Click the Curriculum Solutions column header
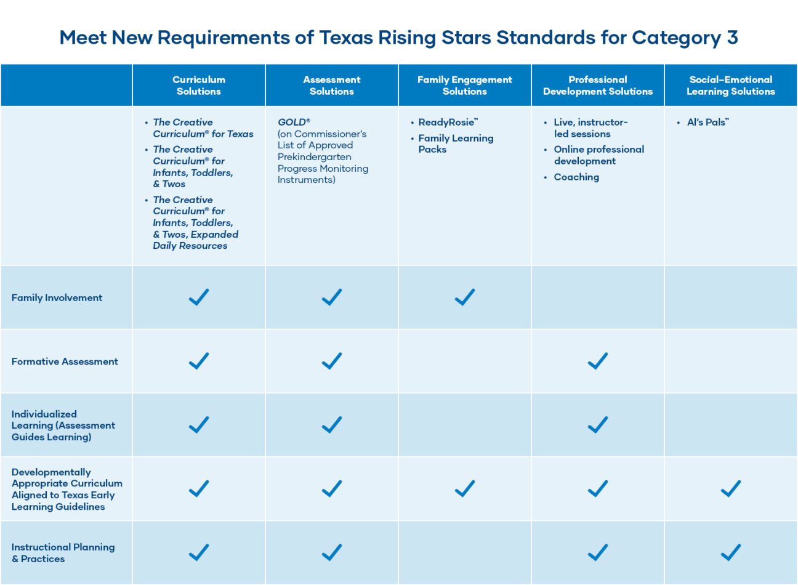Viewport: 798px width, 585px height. point(199,86)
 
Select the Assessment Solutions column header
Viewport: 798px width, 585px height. point(332,86)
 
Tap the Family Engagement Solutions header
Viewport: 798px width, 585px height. point(465,86)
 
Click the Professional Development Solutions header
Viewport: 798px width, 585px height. point(598,86)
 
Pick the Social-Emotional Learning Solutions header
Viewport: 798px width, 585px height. point(731,86)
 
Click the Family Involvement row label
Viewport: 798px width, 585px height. point(57,298)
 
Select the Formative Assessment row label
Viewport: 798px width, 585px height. point(65,362)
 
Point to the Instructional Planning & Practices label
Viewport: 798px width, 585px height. point(63,553)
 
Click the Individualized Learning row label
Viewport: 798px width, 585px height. point(63,426)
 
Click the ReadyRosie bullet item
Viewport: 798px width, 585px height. point(448,123)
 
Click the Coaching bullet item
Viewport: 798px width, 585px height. point(576,177)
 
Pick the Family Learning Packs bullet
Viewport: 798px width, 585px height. point(456,144)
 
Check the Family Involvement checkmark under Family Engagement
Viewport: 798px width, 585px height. point(465,297)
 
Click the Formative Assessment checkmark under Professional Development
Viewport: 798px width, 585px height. point(598,361)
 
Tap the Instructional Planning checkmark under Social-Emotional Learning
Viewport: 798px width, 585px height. point(731,552)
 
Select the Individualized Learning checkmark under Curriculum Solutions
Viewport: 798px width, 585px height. point(199,425)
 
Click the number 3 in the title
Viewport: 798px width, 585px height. point(732,38)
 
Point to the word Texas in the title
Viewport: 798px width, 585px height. point(346,38)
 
